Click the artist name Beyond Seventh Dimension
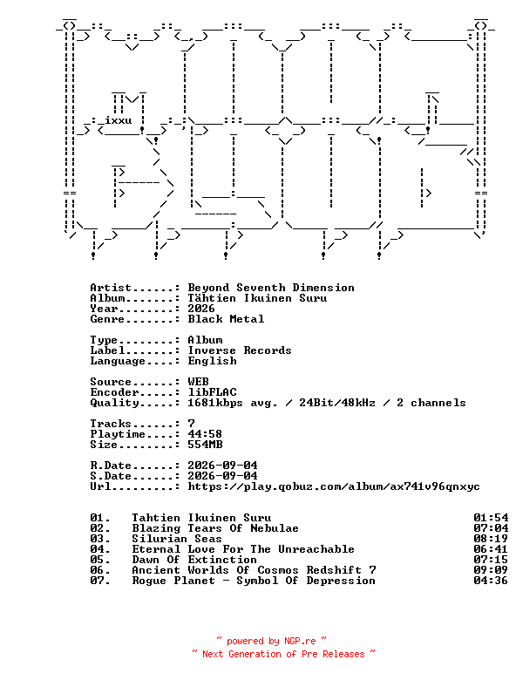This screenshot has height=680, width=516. [x=271, y=288]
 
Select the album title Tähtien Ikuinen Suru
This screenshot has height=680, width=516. [x=257, y=298]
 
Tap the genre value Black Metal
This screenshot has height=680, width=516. [x=226, y=319]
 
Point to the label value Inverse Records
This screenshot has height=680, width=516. [x=240, y=350]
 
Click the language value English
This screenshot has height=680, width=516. [x=212, y=361]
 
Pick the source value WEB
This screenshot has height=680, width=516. [x=198, y=382]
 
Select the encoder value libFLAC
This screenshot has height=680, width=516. [x=212, y=392]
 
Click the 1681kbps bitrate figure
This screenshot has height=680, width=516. [x=215, y=403]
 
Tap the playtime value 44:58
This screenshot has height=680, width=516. [x=205, y=434]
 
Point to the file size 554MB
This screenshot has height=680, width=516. [x=205, y=445]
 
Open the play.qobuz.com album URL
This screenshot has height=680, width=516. [x=334, y=486]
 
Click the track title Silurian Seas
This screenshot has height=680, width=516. [x=177, y=539]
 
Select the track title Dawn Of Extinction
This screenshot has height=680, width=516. [x=194, y=560]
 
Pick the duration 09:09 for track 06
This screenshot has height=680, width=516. [x=491, y=570]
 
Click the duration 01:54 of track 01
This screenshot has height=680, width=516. [x=491, y=518]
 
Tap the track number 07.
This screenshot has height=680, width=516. [x=99, y=581]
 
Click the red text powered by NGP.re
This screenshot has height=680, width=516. [x=271, y=641]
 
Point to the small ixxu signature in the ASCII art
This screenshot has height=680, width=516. [x=119, y=119]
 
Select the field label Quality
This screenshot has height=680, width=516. [x=114, y=403]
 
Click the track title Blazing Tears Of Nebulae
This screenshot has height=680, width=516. [x=215, y=528]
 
